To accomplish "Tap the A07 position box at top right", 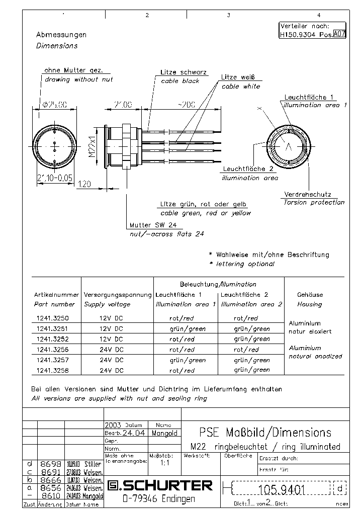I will coord(340,35).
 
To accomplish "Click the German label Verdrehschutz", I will coord(307,194).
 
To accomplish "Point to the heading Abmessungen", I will coord(61,35).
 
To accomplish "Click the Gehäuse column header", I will coord(310,295).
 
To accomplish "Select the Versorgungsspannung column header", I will coord(117,295).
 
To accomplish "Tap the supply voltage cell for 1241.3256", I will coord(111,350).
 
